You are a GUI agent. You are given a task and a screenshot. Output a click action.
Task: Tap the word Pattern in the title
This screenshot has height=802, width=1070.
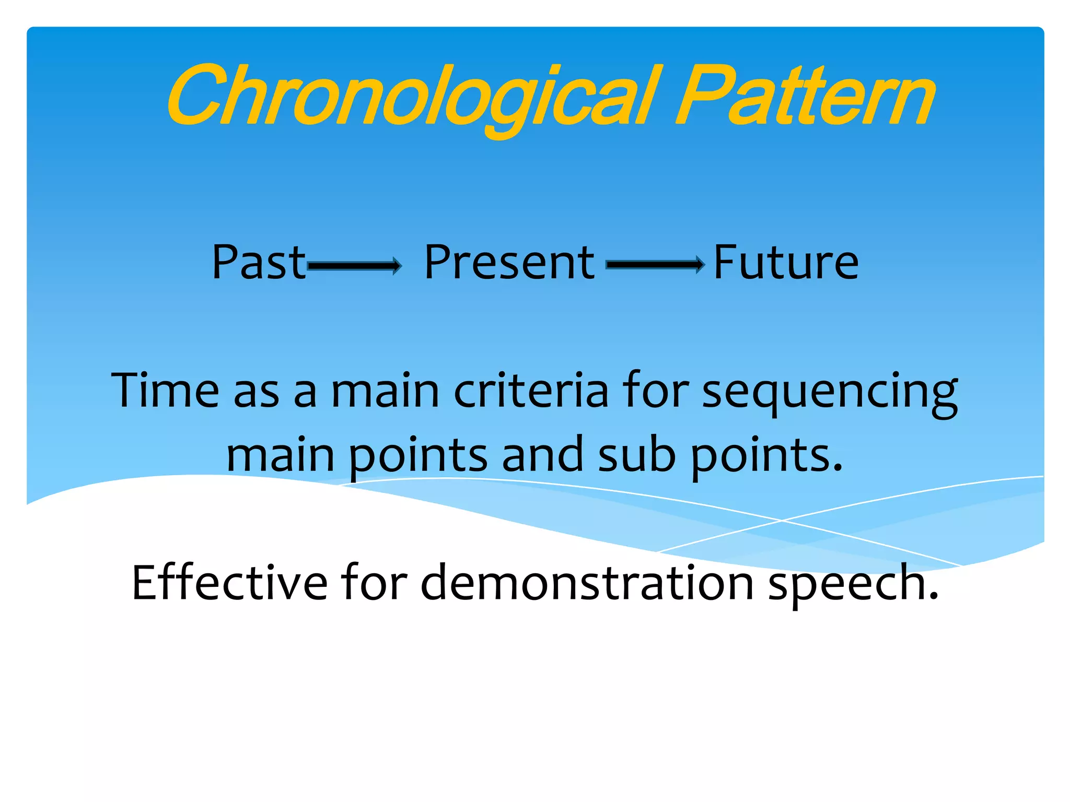pyautogui.click(x=805, y=97)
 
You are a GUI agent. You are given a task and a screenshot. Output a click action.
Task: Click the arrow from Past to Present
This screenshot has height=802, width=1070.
pyautogui.click(x=355, y=266)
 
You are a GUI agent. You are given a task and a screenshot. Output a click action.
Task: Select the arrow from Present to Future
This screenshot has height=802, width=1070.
pyautogui.click(x=655, y=265)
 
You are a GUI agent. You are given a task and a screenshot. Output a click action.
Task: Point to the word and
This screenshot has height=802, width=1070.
pyautogui.click(x=542, y=454)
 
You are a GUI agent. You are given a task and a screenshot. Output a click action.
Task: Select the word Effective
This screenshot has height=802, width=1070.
pyautogui.click(x=229, y=582)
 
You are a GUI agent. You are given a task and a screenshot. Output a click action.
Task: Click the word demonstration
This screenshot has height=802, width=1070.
pyautogui.click(x=587, y=582)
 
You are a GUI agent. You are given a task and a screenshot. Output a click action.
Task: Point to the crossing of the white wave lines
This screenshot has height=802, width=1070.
pyautogui.click(x=782, y=520)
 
